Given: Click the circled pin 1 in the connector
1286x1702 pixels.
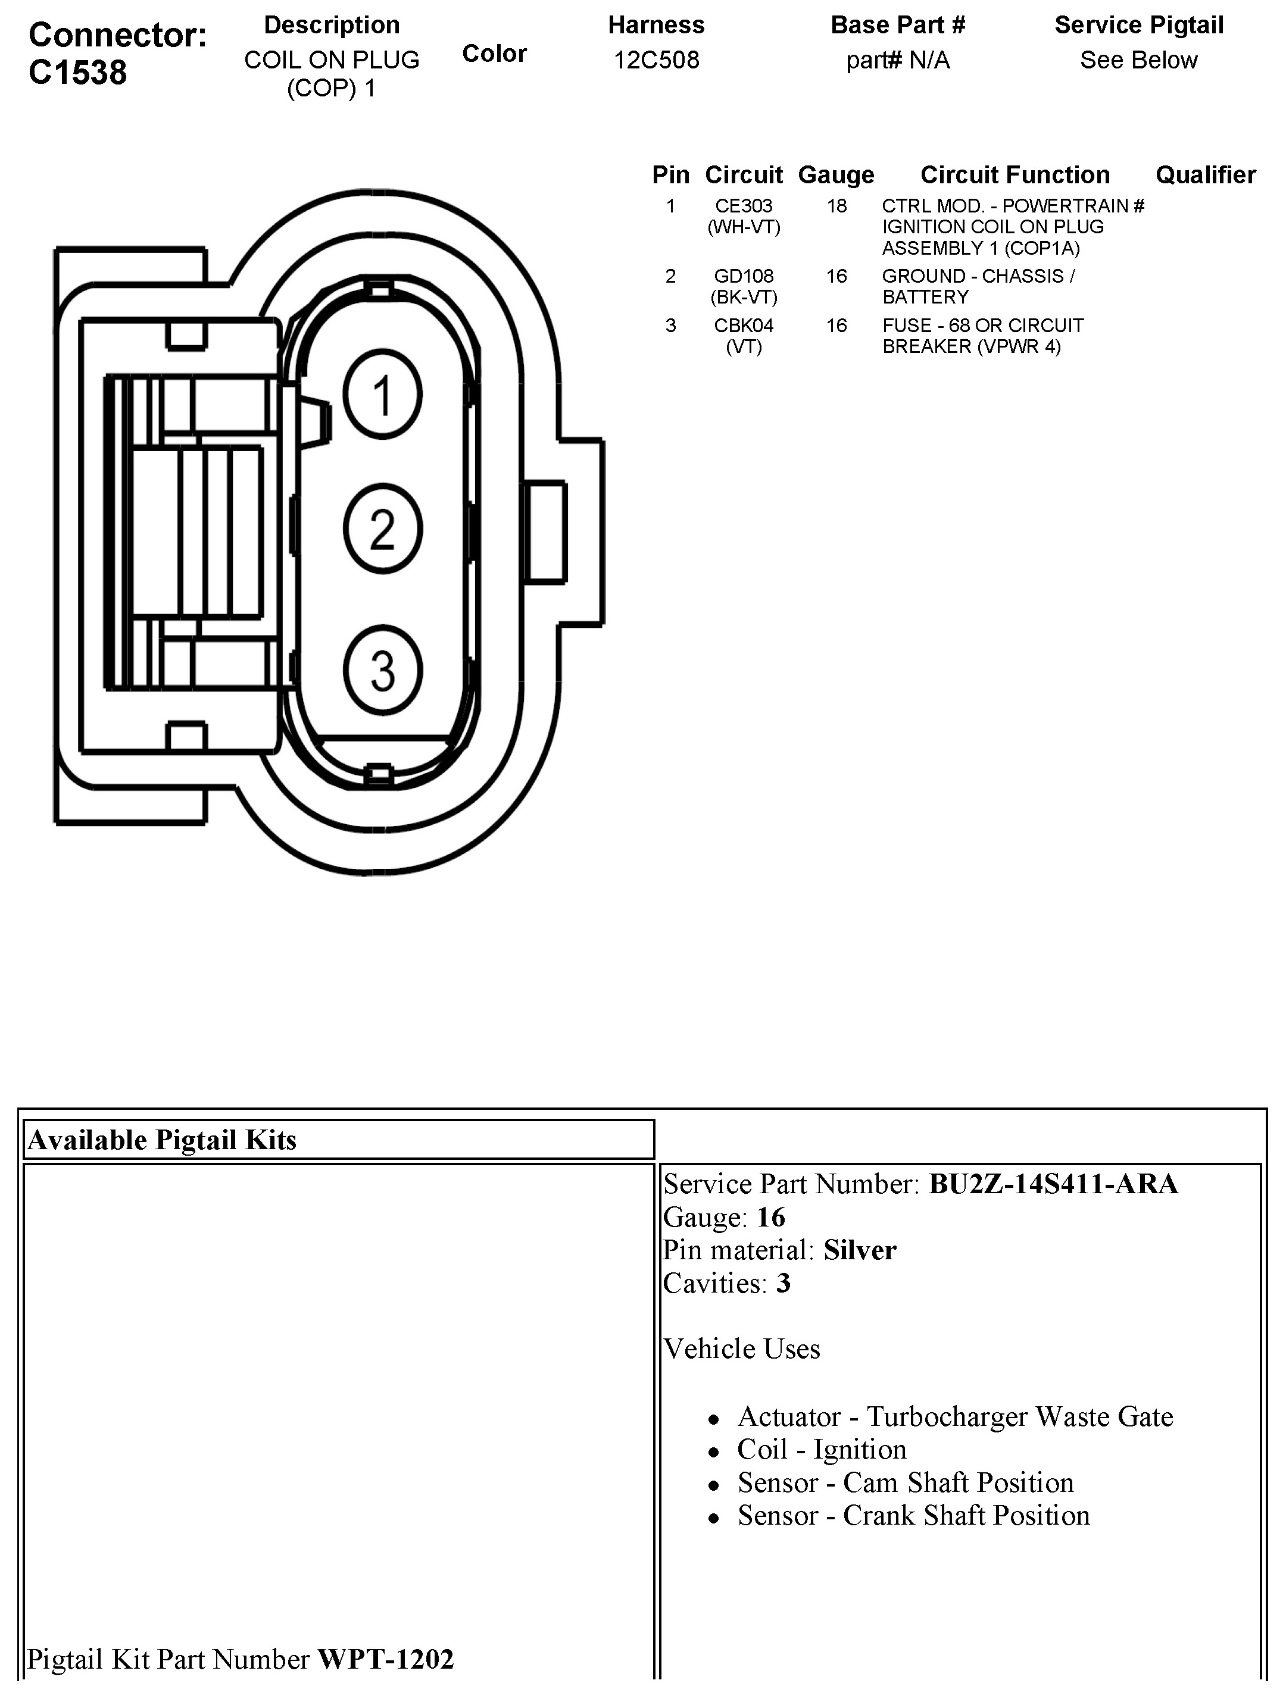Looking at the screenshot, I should coord(382,395).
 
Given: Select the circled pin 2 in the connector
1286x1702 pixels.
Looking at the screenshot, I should coord(382,530).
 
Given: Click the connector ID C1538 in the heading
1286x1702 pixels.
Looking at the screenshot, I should coord(78,73).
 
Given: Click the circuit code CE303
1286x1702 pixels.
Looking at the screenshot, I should coord(744,207).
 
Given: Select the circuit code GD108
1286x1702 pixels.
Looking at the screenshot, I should coord(744,276).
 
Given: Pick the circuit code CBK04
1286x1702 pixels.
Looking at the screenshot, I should coord(744,326).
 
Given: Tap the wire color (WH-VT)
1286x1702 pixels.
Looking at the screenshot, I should coord(744,227).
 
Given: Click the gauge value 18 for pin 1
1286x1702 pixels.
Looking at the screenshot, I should coord(836,207).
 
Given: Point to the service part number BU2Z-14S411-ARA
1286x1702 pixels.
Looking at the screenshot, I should coord(1053,1184).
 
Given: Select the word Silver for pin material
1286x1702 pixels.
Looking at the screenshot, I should coord(860,1250).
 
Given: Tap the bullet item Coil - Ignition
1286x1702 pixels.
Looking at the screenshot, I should coord(821,1450).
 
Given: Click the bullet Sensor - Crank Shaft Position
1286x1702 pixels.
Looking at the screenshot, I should coord(913,1516).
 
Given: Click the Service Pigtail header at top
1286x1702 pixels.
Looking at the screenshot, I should coord(1138,26).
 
